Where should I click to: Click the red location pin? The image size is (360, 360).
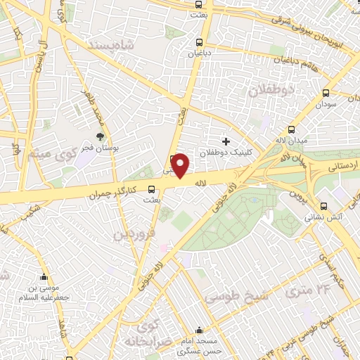click(180, 166)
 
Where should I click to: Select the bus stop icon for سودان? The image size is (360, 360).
click(326, 93)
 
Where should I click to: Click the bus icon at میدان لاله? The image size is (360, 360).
click(291, 129)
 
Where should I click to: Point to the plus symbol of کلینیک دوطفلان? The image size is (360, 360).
click(226, 141)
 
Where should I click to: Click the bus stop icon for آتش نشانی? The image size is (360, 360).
click(323, 206)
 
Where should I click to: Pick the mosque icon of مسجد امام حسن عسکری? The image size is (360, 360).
click(200, 329)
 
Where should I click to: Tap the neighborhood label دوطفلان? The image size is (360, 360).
click(266, 91)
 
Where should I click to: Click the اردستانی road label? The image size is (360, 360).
click(343, 167)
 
